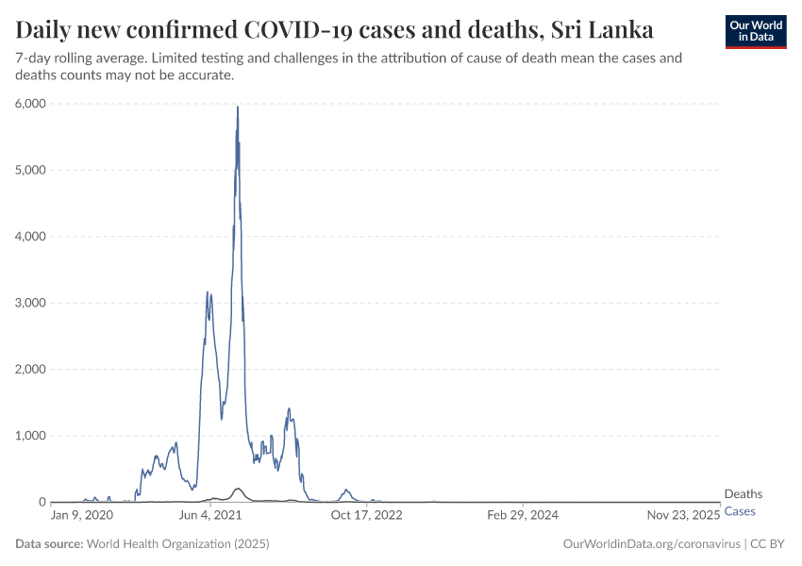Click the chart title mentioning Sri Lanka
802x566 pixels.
pyautogui.click(x=335, y=29)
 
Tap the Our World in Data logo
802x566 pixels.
pyautogui.click(x=755, y=31)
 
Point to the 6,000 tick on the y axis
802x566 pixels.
pyautogui.click(x=29, y=104)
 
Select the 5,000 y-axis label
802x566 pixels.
pyautogui.click(x=29, y=170)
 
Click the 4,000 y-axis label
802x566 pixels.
pyautogui.click(x=29, y=237)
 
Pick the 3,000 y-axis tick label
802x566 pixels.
pyautogui.click(x=29, y=303)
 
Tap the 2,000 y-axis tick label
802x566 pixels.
pyautogui.click(x=29, y=370)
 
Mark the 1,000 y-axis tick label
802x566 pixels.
pyautogui.click(x=29, y=436)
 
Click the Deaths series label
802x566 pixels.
pyautogui.click(x=743, y=494)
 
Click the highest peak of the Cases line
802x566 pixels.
pyautogui.click(x=238, y=108)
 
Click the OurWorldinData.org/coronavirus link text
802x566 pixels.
pyautogui.click(x=650, y=544)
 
